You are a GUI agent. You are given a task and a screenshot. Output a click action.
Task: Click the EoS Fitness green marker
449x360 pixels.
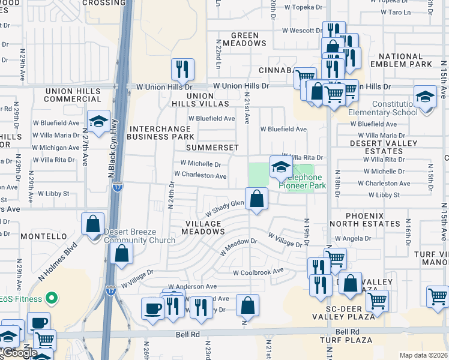pos(52,298)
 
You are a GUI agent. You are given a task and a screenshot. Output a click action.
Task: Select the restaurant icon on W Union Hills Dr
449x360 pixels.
pos(182,70)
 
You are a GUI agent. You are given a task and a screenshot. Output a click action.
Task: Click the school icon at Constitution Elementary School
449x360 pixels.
pos(424,97)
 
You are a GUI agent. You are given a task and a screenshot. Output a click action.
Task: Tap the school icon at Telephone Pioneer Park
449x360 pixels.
pos(280,168)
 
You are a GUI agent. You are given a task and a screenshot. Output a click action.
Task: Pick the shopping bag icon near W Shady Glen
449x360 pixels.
pos(256,199)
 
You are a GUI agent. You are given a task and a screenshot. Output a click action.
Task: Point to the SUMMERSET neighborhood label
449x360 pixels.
pos(212,148)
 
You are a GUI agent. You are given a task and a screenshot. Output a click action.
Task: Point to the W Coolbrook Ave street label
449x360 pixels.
pos(258,272)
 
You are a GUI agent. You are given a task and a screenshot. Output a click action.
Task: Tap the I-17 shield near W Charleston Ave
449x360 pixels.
pos(118,187)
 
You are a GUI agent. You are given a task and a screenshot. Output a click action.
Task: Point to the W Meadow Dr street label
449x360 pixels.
pos(238,247)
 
